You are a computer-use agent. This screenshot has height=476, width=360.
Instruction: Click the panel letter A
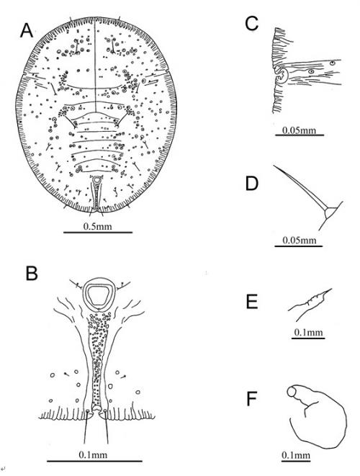tap(27, 31)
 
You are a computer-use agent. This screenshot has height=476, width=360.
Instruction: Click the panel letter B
tap(32, 273)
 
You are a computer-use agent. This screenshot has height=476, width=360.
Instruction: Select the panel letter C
tap(251, 24)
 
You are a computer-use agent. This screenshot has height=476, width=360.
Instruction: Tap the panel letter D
tap(251, 184)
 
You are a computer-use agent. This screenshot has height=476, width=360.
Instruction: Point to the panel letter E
tap(252, 302)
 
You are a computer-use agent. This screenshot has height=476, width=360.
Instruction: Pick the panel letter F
tap(252, 399)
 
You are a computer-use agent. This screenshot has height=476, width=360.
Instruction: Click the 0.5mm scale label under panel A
tap(97, 226)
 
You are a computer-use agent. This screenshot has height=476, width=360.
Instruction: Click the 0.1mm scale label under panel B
tap(93, 454)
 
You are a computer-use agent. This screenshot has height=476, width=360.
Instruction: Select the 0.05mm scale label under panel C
tap(299, 130)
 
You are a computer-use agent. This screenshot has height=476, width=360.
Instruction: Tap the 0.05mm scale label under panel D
tap(299, 241)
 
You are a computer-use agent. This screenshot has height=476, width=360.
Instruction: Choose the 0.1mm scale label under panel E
tap(308, 333)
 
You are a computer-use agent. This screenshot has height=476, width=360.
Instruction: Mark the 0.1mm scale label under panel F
tap(296, 455)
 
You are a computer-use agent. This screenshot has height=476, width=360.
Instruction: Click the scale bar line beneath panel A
tap(98, 233)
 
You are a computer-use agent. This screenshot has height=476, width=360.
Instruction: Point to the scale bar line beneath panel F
tap(296, 461)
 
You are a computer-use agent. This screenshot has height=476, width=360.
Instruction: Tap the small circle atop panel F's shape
tap(292, 392)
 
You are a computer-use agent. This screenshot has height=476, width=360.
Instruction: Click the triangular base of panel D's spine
tap(330, 212)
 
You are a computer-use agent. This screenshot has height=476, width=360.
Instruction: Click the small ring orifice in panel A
tap(96, 180)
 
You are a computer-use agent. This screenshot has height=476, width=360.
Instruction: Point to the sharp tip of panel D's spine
tap(274, 166)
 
